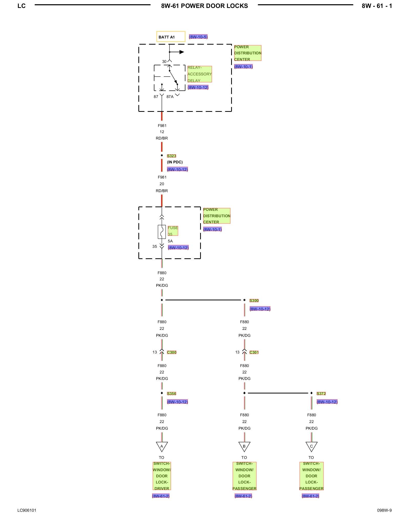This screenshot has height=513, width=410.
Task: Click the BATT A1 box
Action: [x=171, y=37]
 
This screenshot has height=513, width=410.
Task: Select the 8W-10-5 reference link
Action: [x=198, y=37]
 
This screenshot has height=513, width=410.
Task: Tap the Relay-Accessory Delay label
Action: [x=199, y=74]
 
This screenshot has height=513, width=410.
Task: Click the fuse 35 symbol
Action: [x=162, y=232]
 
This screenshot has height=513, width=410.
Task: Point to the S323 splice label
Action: [x=171, y=156]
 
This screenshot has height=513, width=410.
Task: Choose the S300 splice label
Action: [x=254, y=301]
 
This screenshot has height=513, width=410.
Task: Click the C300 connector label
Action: [x=172, y=352]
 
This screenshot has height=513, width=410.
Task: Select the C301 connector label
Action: [x=254, y=352]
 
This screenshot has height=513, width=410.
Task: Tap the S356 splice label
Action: [x=171, y=394]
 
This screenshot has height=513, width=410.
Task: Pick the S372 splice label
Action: [x=321, y=394]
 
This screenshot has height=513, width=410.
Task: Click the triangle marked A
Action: [x=162, y=447]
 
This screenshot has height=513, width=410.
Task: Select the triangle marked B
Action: [x=244, y=447]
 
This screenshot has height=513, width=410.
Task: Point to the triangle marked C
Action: [x=311, y=447]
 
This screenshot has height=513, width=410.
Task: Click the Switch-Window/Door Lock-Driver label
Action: [x=162, y=476]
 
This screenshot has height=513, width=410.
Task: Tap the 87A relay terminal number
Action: [x=170, y=97]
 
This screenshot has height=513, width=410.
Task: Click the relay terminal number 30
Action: [x=164, y=62]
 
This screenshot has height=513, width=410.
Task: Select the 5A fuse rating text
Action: [x=170, y=241]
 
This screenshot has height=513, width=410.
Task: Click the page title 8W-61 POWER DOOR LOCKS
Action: [x=204, y=6]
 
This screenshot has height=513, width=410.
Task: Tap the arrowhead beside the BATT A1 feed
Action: [x=182, y=52]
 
